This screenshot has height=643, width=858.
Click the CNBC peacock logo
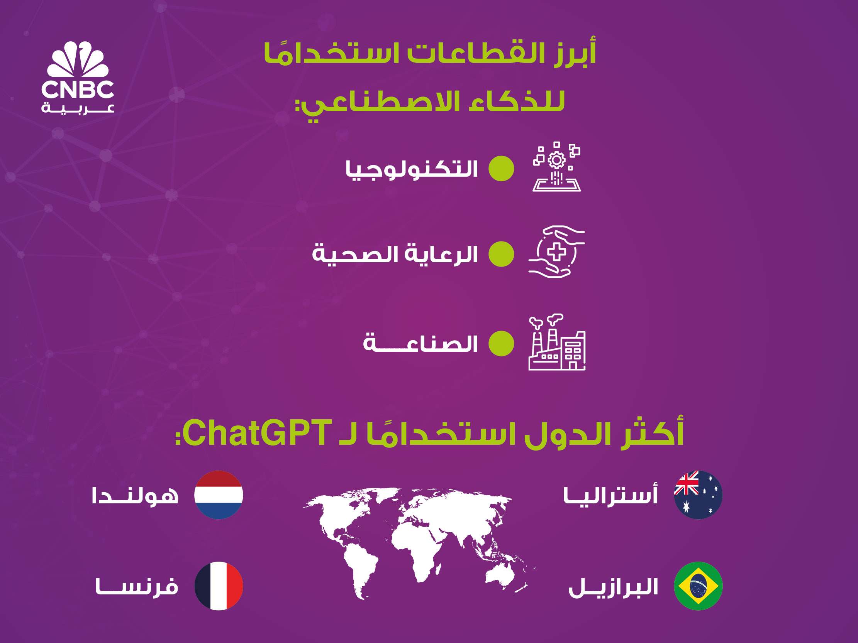click(78, 77)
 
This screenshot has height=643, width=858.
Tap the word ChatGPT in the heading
click(257, 433)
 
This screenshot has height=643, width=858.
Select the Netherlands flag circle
click(219, 495)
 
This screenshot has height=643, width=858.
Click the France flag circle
click(219, 586)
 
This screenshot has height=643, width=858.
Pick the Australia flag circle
click(698, 495)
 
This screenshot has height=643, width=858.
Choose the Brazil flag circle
click(698, 586)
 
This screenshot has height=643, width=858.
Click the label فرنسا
click(137, 587)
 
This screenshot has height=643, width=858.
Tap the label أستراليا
click(610, 494)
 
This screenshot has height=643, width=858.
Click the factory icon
click(557, 342)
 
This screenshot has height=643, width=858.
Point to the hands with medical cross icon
click(556, 251)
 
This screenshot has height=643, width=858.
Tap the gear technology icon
click(556, 167)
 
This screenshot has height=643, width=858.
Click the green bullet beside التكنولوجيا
click(501, 169)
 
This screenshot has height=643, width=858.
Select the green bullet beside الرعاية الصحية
click(501, 254)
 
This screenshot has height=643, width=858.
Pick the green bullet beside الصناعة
click(501, 343)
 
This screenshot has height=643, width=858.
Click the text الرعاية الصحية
click(395, 254)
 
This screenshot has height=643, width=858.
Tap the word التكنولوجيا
click(412, 170)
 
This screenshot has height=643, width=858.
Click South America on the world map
click(359, 570)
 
